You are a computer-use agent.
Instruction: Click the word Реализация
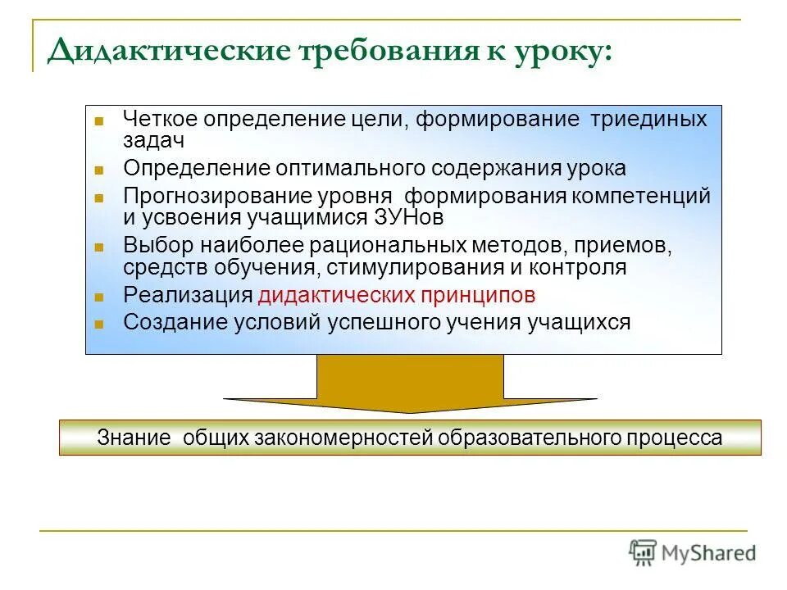pos(188,295)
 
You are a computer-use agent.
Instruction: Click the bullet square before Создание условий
pos(99,324)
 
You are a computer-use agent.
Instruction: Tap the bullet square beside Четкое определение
pos(99,120)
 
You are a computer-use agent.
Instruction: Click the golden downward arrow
pos(410,384)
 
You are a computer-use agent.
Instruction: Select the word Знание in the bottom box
pos(134,438)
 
